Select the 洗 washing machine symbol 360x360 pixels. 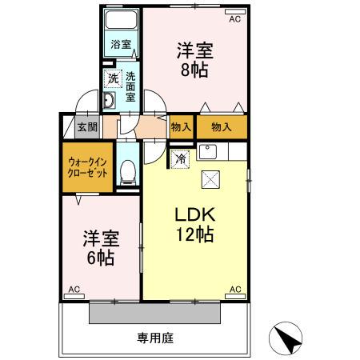[x=112, y=78]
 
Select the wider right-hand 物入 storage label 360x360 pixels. [x=222, y=126]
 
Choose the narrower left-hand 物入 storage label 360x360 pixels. [x=181, y=126]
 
